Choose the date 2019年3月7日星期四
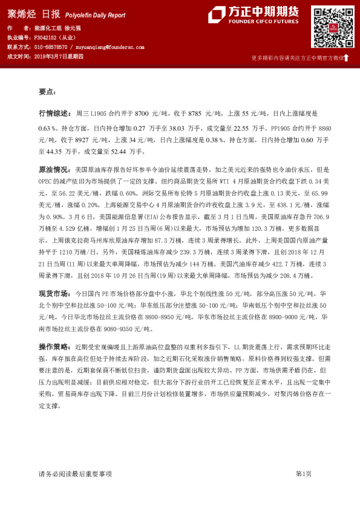[x=62, y=56]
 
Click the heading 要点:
[x=47, y=92]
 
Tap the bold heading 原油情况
[x=53, y=171]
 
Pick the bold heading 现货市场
[x=53, y=293]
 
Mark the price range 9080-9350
[x=110, y=329]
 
